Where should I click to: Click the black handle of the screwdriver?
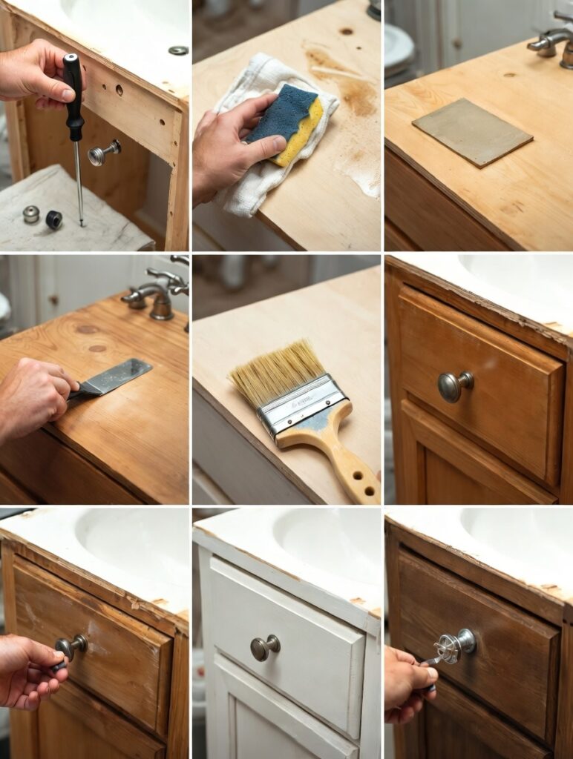pos(73,96)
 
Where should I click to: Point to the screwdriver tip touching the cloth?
pos(81,222)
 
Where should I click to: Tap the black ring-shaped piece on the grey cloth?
pos(53,219)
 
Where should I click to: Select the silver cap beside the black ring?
pos(30,214)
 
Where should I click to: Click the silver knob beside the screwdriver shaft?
pos(102,153)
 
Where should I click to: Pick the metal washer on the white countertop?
pos(178,50)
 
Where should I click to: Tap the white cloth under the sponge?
pos(252,178)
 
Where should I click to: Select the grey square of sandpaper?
pos(472,131)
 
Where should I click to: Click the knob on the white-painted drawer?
pos(263,647)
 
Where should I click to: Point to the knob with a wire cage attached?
pos(454,645)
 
